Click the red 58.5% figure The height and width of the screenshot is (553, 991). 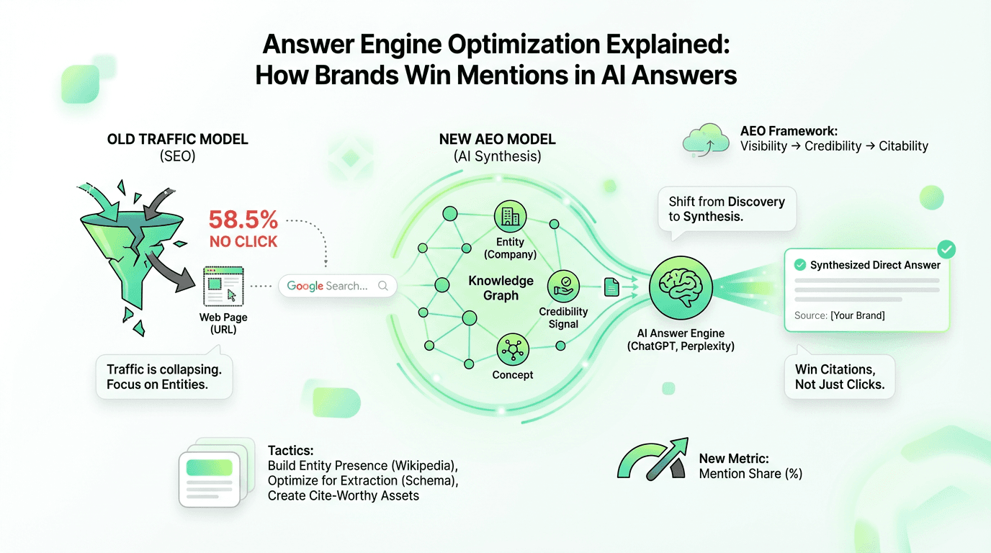243,220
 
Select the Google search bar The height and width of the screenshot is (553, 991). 337,286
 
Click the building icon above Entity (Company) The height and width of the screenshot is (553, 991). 510,216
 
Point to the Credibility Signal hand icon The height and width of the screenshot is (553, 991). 563,286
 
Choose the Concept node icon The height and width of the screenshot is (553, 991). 513,351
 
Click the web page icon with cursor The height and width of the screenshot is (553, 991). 223,286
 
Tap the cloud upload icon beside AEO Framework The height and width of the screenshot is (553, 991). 704,140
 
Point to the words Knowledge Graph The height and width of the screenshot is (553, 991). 501,288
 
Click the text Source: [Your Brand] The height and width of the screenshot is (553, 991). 840,315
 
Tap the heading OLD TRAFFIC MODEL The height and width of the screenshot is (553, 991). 177,140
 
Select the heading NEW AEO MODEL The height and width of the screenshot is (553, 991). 497,140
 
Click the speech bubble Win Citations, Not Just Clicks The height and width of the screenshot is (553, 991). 839,377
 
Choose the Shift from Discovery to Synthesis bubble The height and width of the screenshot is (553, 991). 726,209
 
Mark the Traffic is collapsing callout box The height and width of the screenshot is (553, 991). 163,377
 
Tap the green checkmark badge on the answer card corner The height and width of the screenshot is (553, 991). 947,250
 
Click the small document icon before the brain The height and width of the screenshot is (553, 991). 611,288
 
